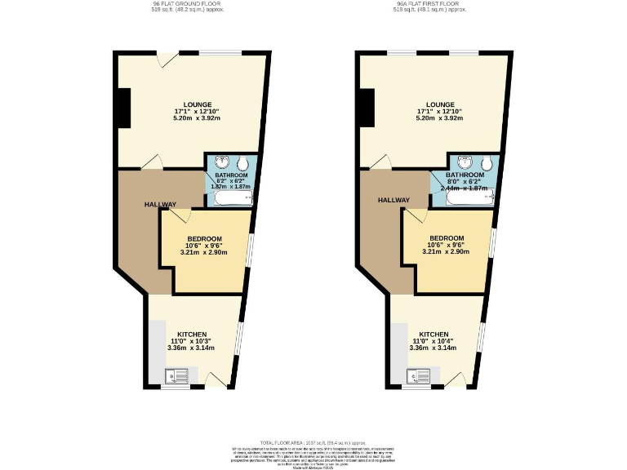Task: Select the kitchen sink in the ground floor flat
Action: [176, 376]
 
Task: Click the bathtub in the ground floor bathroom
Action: [231, 197]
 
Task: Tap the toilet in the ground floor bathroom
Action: [248, 162]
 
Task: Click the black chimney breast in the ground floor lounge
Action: [123, 107]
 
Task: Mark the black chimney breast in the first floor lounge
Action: [366, 107]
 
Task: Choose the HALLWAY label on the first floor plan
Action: [393, 199]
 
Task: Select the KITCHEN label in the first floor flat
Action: [434, 335]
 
